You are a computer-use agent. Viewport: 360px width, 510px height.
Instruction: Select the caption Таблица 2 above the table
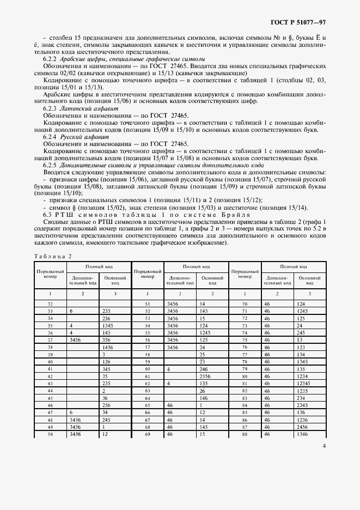52,256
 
